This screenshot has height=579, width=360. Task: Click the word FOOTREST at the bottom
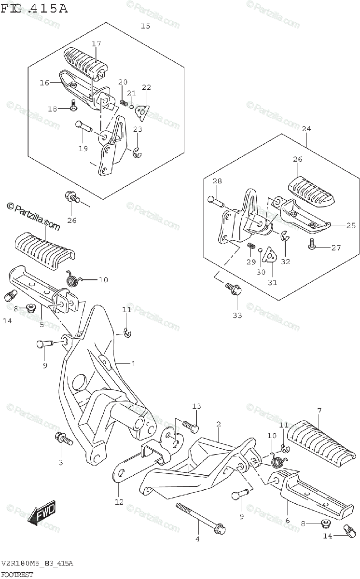tap(17, 574)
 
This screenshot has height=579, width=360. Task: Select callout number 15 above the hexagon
tap(145, 26)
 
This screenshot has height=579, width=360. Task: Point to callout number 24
tap(306, 129)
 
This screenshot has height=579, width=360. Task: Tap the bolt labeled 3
tap(64, 439)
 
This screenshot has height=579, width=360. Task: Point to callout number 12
tap(119, 502)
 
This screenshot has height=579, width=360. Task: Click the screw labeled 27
tap(312, 247)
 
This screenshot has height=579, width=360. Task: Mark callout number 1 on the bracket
tap(133, 363)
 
